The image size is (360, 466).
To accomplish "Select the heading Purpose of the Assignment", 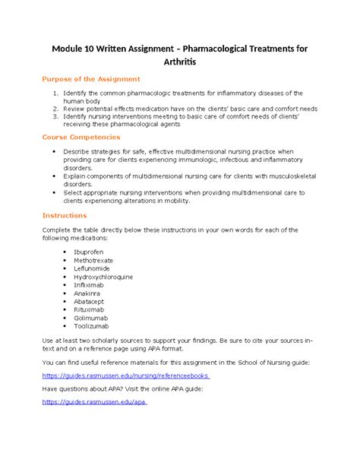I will point(90,79).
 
